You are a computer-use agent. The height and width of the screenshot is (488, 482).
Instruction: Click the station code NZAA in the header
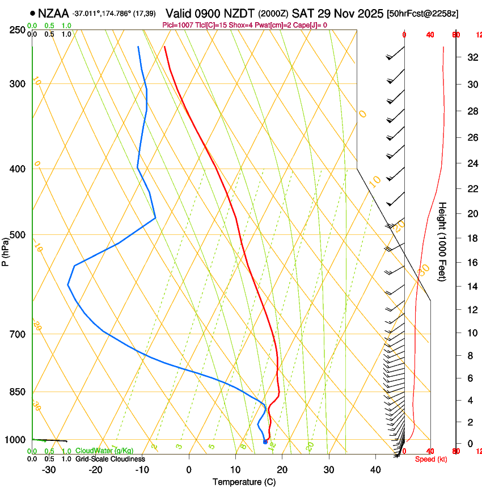pos(54,13)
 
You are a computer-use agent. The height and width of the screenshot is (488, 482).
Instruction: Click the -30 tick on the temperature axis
pos(49,470)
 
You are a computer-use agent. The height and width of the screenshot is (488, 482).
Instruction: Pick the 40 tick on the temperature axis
pos(375,470)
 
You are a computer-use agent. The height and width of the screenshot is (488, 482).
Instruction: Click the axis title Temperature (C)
pos(244,482)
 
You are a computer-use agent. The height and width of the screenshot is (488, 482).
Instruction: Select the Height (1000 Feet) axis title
pos(442,241)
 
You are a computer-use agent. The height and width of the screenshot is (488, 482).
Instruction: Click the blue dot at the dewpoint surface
pos(265,442)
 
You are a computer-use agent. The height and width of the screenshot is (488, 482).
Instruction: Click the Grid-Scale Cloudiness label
pos(110,459)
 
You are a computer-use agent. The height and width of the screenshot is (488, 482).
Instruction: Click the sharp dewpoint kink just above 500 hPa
pos(155,218)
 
